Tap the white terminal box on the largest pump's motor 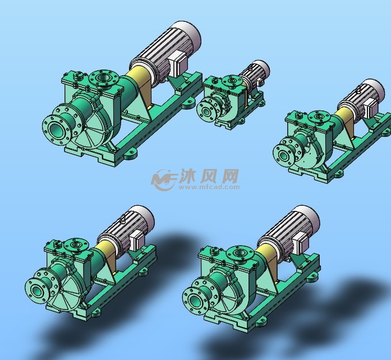click(178, 63)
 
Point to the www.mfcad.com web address click(209, 188)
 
